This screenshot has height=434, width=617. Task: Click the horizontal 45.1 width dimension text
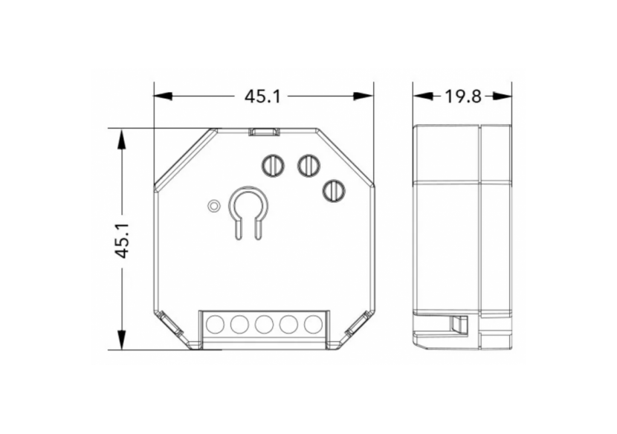pyautogui.click(x=262, y=97)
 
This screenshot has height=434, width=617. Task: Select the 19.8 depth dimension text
pyautogui.click(x=464, y=97)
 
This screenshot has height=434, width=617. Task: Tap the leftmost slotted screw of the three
pyautogui.click(x=274, y=164)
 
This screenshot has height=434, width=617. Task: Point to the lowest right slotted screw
pyautogui.click(x=334, y=190)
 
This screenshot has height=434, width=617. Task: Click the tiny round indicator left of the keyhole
pyautogui.click(x=213, y=205)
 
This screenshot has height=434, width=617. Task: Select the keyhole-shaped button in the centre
pyautogui.click(x=247, y=208)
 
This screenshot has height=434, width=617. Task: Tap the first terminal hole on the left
pyautogui.click(x=215, y=324)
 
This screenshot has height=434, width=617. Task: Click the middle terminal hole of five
pyautogui.click(x=264, y=324)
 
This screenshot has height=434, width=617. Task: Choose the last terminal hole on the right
pyautogui.click(x=313, y=324)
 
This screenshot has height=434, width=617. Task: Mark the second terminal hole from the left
pyautogui.click(x=239, y=324)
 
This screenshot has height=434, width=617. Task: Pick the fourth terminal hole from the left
pyautogui.click(x=288, y=324)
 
